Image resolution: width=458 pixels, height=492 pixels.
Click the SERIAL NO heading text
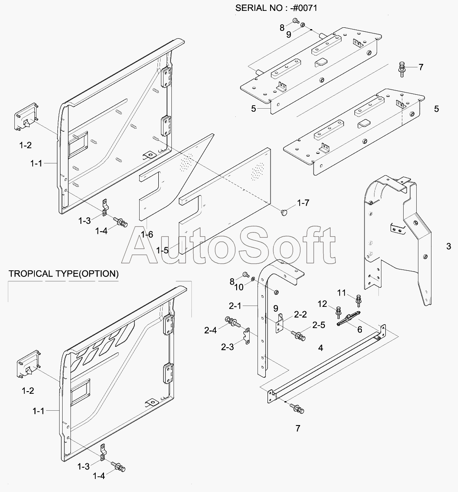pos(276,8)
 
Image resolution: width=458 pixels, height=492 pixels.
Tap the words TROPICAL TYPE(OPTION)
pos(64,274)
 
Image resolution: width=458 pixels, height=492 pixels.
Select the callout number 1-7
pos(303,203)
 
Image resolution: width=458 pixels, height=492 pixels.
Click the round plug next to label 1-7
pos(284,213)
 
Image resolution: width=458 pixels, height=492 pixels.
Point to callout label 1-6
pos(147,234)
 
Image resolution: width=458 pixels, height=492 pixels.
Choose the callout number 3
pos(448,246)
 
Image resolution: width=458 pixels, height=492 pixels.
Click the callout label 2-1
pos(235,306)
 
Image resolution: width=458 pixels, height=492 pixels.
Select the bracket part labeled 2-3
pos(247,336)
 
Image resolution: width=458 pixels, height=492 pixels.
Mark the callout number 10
pos(239,287)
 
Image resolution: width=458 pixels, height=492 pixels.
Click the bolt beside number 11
pos(358,300)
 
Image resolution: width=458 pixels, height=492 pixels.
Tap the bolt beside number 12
pos(338,312)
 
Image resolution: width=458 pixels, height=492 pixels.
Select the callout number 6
pos(360,329)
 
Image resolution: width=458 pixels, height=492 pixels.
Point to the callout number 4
pos(321,348)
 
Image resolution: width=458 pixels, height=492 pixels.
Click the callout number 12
pos(322,304)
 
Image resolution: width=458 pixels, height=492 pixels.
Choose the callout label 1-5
pos(162,250)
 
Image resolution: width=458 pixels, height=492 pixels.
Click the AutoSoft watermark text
pos(228,246)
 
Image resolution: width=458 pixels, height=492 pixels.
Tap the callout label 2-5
pos(319,325)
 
